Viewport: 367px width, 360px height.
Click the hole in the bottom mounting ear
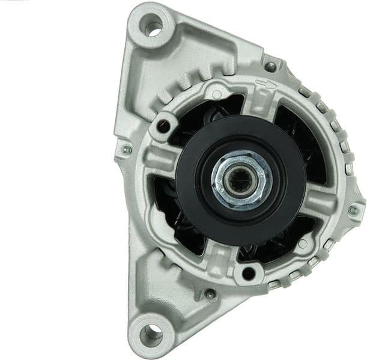click(153, 331)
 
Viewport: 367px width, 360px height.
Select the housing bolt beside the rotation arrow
click(271, 66)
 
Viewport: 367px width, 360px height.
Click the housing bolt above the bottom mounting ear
click(210, 294)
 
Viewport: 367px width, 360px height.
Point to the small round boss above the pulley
click(215, 94)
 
